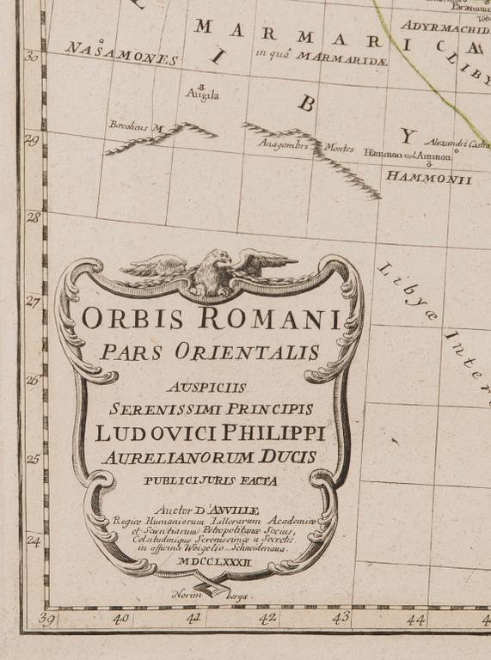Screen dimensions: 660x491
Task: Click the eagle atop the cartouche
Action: (x=212, y=272)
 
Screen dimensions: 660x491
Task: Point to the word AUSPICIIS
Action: (x=210, y=386)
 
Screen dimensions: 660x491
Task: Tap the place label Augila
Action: (x=203, y=94)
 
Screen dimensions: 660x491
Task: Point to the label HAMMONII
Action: (x=429, y=178)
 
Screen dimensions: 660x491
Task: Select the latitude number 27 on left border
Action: (x=32, y=302)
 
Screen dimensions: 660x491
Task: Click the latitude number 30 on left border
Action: (x=32, y=57)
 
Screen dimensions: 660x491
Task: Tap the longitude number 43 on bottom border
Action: (x=341, y=617)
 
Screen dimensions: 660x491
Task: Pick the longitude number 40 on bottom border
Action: (x=120, y=617)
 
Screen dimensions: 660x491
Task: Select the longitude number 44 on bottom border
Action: (x=416, y=619)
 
